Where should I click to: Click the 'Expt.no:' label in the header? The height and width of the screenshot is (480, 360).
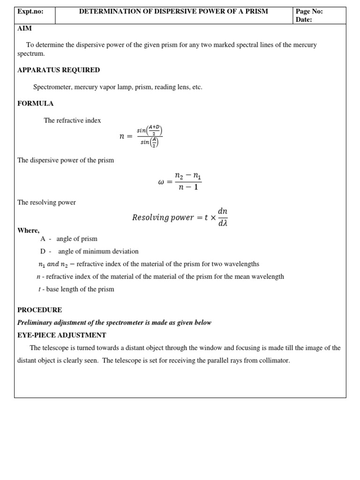coord(30,11)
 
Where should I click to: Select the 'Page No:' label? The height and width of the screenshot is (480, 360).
coord(309,11)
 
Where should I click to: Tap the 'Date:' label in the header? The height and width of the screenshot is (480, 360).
coord(304,20)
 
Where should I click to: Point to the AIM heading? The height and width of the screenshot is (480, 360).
coord(25,28)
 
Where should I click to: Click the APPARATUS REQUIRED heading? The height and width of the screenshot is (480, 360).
coord(59,70)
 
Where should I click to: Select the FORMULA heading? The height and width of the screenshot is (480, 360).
coord(36,103)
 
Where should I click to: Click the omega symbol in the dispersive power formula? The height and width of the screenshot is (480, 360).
coord(162,182)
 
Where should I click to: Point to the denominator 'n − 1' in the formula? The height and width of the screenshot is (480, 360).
coord(187,187)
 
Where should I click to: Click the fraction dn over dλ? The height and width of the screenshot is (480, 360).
coord(223,217)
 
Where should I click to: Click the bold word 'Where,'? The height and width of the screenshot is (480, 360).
coord(29,230)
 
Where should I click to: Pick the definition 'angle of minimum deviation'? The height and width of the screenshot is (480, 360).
coord(98,251)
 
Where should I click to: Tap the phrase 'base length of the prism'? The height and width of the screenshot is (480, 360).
coord(80,289)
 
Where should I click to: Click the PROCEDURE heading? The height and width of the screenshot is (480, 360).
coord(40,310)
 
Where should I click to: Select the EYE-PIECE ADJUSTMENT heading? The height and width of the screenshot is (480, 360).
coord(62,335)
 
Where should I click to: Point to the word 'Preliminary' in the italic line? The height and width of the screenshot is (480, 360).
coord(36,322)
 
